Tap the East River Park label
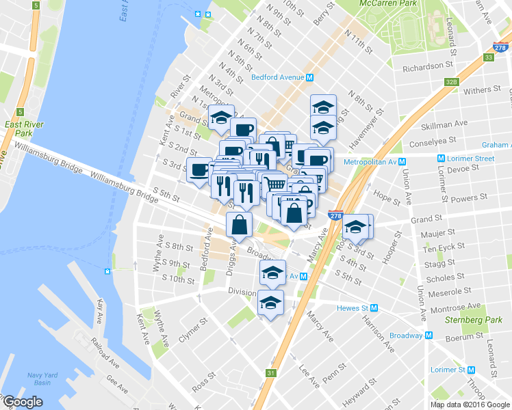[x=24, y=128]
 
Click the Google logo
[x=22, y=402]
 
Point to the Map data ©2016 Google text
[x=470, y=405]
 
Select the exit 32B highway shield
[x=450, y=82]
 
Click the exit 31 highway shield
[x=272, y=373]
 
